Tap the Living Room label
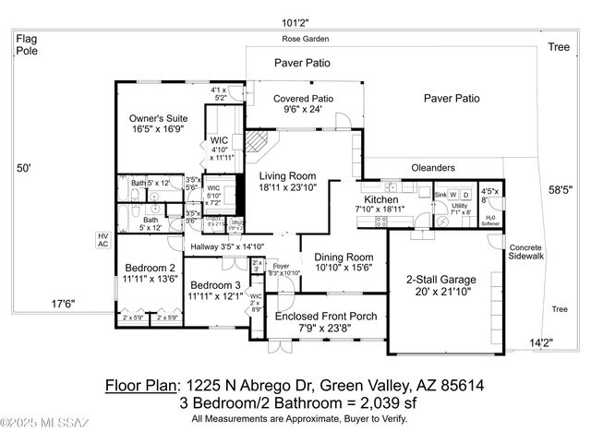pos(287,175)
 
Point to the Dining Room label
pos(344,257)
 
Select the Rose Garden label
pos(306,40)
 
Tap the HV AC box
pos(103,239)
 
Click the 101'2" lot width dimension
pos(295,22)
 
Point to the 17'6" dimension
pos(63,304)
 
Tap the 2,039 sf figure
pos(402,403)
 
